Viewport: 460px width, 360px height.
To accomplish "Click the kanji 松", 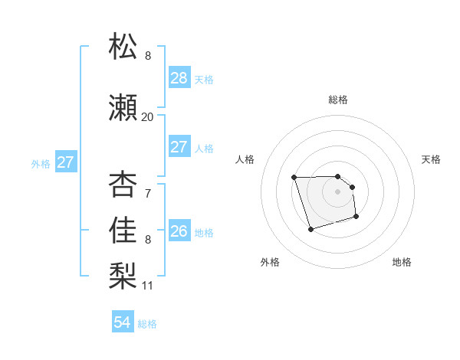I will (123, 47).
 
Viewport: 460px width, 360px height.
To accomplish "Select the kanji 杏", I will (123, 185).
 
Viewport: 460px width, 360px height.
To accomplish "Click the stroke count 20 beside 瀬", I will (147, 117).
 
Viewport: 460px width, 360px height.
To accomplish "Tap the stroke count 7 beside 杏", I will (147, 194).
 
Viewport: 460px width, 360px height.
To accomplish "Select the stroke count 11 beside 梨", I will (147, 286).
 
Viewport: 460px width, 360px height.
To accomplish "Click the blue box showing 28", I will (179, 78).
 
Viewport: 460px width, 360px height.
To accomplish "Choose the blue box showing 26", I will (179, 231).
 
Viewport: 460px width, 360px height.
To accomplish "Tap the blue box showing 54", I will (122, 323).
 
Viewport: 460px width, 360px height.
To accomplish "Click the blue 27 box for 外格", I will (65, 162).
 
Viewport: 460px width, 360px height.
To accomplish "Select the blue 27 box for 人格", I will (179, 147).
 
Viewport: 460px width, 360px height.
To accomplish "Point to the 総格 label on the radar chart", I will (338, 100).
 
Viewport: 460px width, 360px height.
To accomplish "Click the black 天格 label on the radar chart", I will (431, 159).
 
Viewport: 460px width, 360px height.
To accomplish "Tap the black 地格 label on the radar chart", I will (402, 262).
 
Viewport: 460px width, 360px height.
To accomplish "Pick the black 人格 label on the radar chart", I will (245, 159).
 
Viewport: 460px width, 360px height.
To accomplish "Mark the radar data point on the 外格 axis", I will (310, 229).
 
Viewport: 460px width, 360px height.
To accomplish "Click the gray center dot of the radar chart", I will (338, 191).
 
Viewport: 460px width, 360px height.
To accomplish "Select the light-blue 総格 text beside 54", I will (147, 324).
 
